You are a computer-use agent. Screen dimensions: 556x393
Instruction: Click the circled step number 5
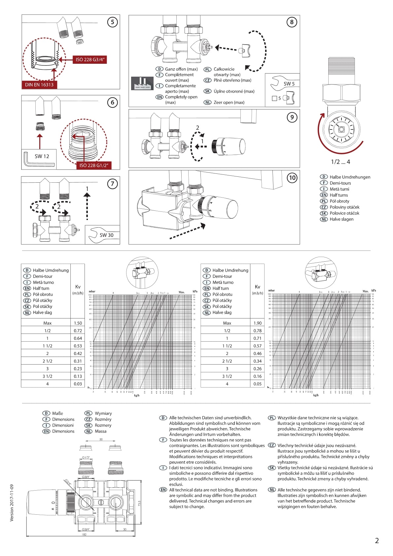point(113,22)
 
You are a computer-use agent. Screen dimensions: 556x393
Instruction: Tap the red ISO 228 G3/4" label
point(90,60)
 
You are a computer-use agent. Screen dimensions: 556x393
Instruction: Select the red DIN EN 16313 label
point(39,85)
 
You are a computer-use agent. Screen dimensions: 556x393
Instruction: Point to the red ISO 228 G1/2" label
point(93,166)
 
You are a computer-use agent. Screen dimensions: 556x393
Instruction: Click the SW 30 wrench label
point(106,235)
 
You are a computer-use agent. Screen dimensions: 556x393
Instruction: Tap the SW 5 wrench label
point(289,84)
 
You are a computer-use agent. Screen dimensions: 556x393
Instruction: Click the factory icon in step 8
point(142,83)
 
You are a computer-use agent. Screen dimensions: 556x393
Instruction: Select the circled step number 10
point(292,178)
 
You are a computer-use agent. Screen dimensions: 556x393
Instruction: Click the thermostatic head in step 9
point(228,146)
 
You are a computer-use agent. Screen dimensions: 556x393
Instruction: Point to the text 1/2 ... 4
point(340,162)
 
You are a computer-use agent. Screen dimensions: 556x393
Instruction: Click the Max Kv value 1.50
point(78,323)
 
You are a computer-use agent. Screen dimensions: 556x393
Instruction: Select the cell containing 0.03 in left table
point(78,384)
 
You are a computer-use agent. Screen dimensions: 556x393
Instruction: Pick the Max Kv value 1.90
point(258,323)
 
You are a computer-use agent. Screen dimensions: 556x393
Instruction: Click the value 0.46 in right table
point(258,353)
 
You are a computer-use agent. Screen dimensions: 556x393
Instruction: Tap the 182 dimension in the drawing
point(84,534)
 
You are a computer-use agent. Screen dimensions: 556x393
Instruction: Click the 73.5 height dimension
point(139,503)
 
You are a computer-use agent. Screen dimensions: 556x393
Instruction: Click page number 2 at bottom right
point(377,541)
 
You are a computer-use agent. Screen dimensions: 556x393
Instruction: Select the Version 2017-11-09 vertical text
point(12,503)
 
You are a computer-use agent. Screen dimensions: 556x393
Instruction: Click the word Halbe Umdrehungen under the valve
point(350,177)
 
